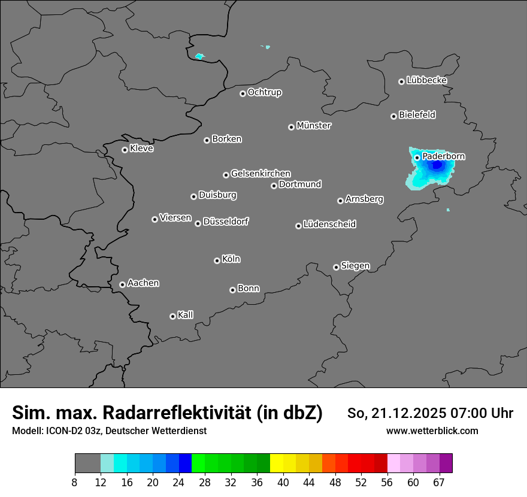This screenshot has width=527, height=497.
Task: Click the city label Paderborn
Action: pyautogui.click(x=443, y=156)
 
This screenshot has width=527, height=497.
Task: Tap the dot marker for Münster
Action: pyautogui.click(x=292, y=127)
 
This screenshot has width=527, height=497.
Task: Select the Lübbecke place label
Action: pyautogui.click(x=426, y=80)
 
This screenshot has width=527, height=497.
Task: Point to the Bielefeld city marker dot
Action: pyautogui.click(x=394, y=116)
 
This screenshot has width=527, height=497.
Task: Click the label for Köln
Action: pyautogui.click(x=231, y=259)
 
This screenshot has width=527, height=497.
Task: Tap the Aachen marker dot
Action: pyautogui.click(x=122, y=284)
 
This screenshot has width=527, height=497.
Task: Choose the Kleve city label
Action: pyautogui.click(x=141, y=149)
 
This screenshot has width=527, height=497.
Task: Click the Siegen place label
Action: pyautogui.click(x=355, y=266)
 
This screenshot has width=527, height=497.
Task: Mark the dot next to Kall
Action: pyautogui.click(x=172, y=316)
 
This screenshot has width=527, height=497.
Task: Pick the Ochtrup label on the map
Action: pyautogui.click(x=264, y=92)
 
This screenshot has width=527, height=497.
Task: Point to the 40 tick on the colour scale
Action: pyautogui.click(x=283, y=482)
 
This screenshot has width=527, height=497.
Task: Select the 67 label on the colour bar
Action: pyautogui.click(x=439, y=482)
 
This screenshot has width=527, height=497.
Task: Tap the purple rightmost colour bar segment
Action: pyautogui.click(x=446, y=463)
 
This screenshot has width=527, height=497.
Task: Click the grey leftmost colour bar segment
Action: pyautogui.click(x=87, y=463)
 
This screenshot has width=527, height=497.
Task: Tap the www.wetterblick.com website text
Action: pyautogui.click(x=432, y=431)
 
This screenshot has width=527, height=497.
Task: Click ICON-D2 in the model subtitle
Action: pyautogui.click(x=64, y=431)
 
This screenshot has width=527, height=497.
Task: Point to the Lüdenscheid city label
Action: pyautogui.click(x=329, y=225)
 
